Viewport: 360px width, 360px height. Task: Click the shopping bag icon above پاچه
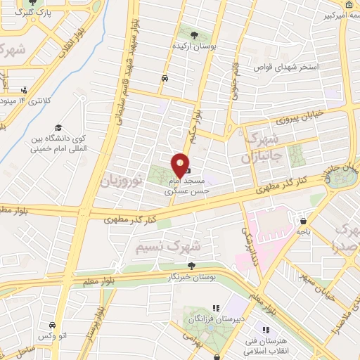pyautogui.click(x=302, y=219)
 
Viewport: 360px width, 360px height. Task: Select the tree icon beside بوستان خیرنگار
pyautogui.click(x=191, y=265)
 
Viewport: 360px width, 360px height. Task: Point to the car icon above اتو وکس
pyautogui.click(x=53, y=326)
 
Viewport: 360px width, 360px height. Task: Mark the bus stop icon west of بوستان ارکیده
pyautogui.click(x=164, y=78)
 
